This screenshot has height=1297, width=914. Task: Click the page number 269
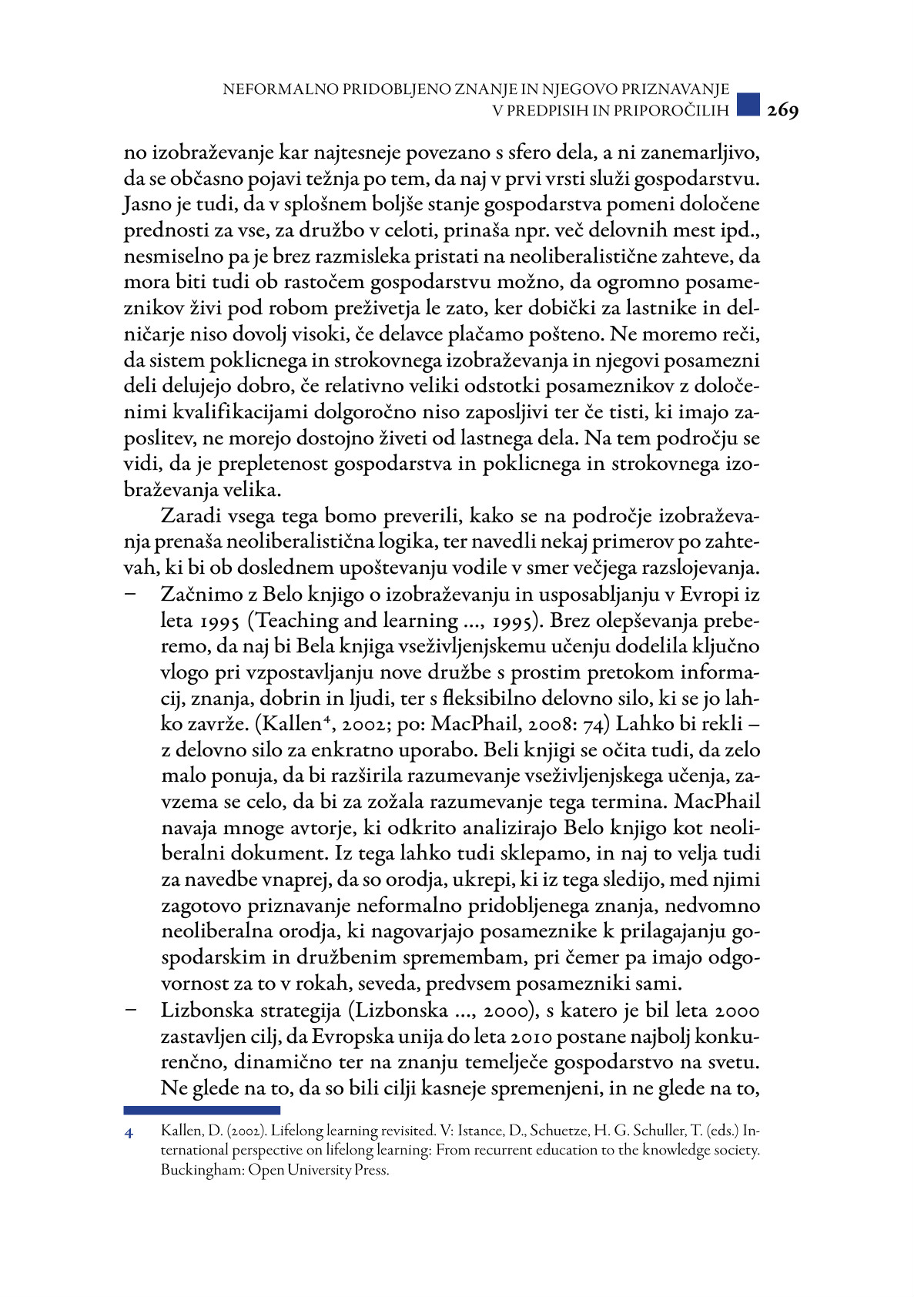(x=782, y=111)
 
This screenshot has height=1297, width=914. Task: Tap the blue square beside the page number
(x=748, y=105)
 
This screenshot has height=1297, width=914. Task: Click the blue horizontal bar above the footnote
(x=202, y=1110)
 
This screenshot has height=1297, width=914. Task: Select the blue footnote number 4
(x=129, y=1133)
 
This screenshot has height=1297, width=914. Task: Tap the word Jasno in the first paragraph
(x=149, y=205)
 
